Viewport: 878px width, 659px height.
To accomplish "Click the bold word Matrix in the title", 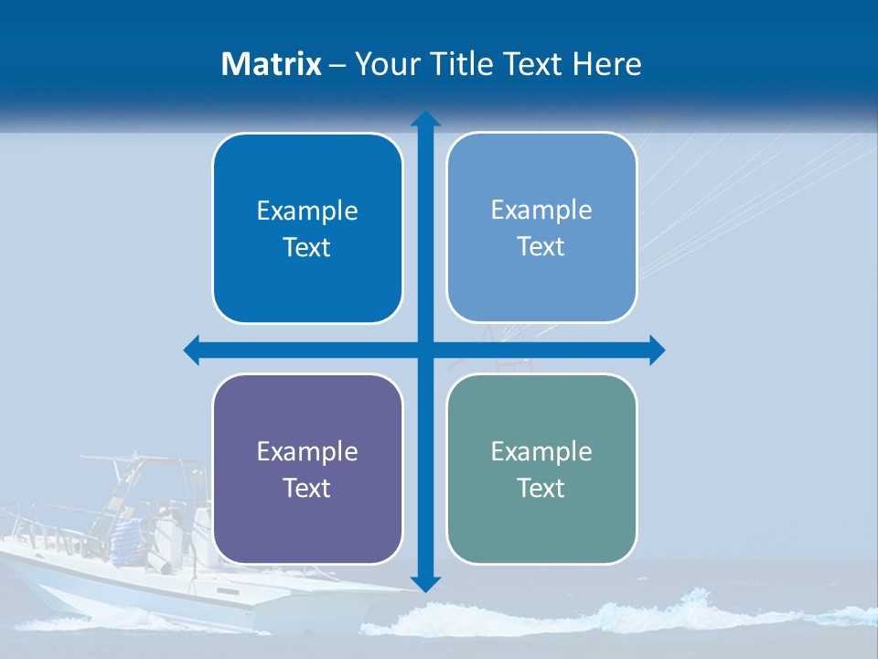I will click(272, 64).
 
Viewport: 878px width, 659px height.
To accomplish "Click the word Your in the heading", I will click(385, 64).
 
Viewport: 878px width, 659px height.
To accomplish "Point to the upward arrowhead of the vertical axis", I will click(424, 118).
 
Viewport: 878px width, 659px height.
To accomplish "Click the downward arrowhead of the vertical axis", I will click(424, 583).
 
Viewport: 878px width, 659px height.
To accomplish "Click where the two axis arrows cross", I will click(424, 350).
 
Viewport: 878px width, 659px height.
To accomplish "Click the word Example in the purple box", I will click(307, 451).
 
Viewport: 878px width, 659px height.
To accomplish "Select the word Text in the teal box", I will click(541, 488).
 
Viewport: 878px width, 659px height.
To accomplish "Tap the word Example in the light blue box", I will click(541, 210).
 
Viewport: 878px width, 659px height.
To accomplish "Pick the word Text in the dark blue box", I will click(307, 247).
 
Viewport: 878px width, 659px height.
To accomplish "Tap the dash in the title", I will click(337, 65).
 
